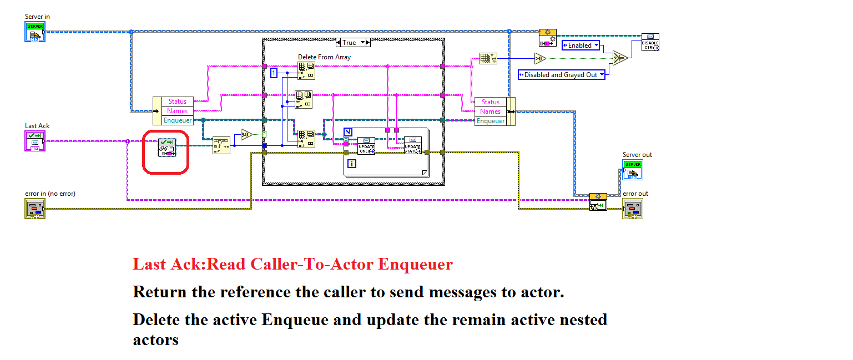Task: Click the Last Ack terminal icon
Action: (x=34, y=141)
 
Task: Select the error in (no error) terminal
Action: (x=34, y=209)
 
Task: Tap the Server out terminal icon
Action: (x=632, y=170)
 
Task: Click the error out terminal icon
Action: (x=632, y=209)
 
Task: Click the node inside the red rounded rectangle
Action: (x=166, y=148)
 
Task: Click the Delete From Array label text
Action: (x=324, y=57)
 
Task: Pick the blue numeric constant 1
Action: (x=274, y=73)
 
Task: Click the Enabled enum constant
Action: (x=580, y=45)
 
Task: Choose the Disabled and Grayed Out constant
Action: (x=561, y=74)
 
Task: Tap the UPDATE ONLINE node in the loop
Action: (x=366, y=145)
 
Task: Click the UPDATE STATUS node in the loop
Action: (x=412, y=145)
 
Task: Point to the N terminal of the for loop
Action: (x=348, y=131)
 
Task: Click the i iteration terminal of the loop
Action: (x=351, y=163)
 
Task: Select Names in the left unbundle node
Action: (x=178, y=111)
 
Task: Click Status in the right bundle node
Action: (x=490, y=102)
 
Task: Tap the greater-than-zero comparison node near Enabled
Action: (x=540, y=58)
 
